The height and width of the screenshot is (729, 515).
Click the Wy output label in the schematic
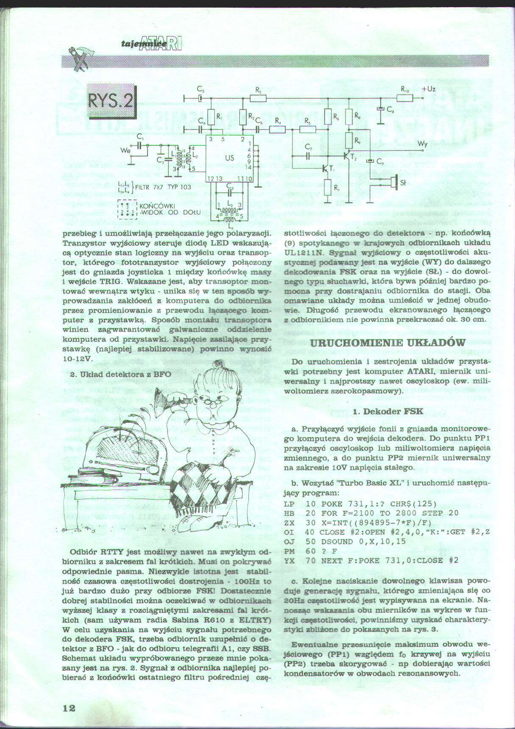pos(422,144)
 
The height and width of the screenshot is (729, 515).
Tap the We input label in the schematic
pos(125,150)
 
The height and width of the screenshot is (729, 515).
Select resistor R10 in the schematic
pos(404,98)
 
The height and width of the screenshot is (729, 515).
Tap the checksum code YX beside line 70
pos(289,560)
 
